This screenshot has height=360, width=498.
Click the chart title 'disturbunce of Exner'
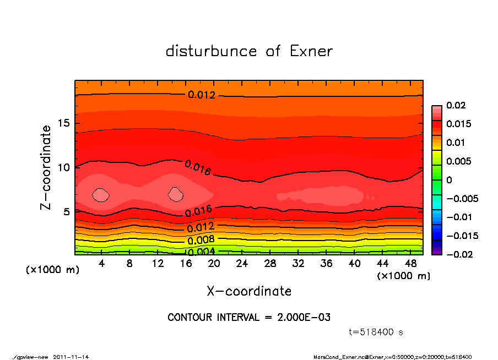coord(249,51)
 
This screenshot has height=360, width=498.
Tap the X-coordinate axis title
coord(249,291)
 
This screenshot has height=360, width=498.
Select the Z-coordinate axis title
coord(47,167)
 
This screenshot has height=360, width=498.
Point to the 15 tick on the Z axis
coord(64,123)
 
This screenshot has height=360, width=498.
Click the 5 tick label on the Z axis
coord(66,211)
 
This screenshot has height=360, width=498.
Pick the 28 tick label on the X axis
coord(270,263)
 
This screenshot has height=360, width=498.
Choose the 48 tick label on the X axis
coord(411,263)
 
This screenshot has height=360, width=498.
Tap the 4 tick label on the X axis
coord(101,263)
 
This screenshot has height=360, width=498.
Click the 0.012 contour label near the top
coord(201,95)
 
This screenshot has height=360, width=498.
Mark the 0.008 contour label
coord(201,240)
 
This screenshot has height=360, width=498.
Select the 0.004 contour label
coord(201,252)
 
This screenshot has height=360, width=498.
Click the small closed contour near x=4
coord(101,194)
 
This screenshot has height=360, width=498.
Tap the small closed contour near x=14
coord(176,194)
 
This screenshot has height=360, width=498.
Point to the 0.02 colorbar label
coord(455,105)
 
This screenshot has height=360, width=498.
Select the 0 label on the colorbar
coord(449,180)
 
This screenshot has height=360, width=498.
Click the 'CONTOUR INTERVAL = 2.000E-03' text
coord(249,318)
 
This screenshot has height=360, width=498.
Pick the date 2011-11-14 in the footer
coord(71,357)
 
